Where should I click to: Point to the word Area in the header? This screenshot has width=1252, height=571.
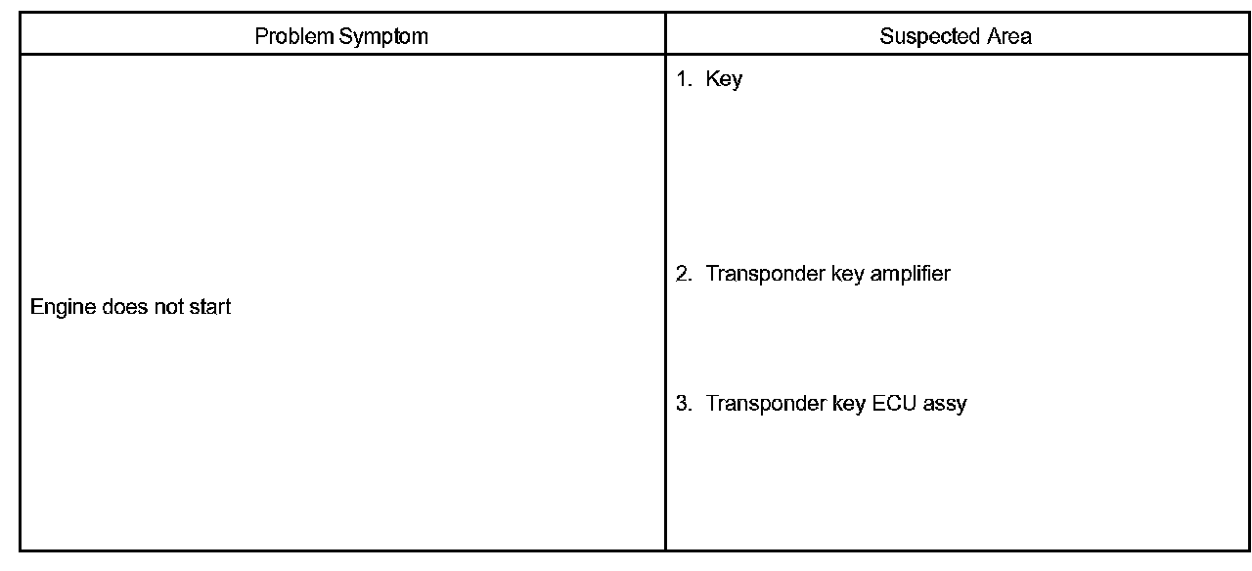tap(1008, 37)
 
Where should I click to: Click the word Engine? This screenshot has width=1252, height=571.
tap(63, 308)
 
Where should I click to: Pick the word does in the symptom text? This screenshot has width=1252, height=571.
tap(123, 307)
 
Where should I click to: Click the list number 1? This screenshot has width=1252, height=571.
tap(683, 79)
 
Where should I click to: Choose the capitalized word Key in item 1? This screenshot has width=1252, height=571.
tap(724, 80)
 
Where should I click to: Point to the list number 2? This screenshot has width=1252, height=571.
tap(683, 274)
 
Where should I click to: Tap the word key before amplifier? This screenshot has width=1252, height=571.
tap(847, 275)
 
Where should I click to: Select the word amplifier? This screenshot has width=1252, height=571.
tap(910, 275)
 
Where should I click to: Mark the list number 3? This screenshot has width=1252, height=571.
tap(683, 403)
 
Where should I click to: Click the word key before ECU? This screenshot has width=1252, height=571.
tap(847, 404)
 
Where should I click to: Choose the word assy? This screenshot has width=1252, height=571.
tap(945, 405)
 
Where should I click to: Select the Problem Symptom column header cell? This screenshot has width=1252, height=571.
tap(342, 37)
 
